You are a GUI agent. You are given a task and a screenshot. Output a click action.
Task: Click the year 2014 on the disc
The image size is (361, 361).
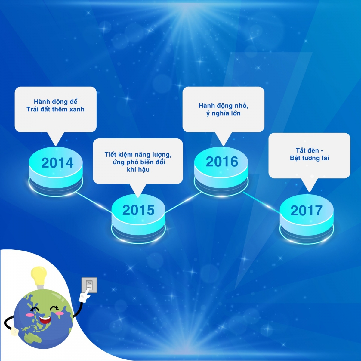(57, 163)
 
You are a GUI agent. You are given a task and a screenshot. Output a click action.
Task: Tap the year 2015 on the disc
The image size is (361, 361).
(138, 210)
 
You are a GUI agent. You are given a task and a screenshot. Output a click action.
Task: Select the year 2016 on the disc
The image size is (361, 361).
(222, 162)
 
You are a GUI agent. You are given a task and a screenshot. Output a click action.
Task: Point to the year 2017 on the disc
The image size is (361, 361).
(307, 211)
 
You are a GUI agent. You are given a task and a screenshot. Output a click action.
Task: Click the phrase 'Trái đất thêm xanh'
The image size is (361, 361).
(55, 109)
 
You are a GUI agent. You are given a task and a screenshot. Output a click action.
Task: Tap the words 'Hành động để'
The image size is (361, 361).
(55, 102)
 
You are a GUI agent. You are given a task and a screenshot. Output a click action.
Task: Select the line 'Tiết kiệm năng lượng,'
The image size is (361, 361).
(138, 155)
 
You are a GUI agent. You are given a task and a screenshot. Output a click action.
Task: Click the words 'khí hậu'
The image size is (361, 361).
(138, 170)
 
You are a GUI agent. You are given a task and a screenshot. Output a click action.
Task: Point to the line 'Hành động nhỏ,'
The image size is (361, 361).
(224, 106)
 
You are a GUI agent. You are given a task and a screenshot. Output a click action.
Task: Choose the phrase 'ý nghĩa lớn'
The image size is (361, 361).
(223, 113)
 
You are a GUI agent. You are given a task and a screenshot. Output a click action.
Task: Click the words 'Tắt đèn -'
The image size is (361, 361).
(310, 150)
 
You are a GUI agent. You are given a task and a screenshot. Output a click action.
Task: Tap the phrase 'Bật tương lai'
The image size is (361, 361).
(310, 158)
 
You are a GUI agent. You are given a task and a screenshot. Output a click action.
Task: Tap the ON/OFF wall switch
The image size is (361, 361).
(89, 285)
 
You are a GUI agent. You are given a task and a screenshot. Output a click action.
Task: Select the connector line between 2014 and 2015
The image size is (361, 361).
(94, 202)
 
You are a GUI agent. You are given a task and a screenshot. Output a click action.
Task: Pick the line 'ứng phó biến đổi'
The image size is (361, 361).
(139, 162)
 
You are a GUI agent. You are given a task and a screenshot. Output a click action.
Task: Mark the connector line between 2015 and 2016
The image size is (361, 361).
(183, 202)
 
